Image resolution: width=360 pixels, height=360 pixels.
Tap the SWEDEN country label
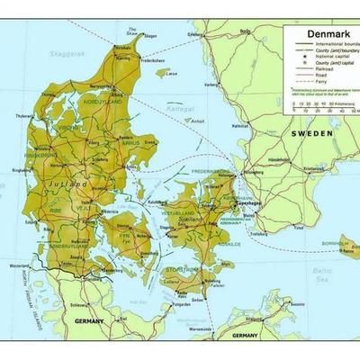[312, 132]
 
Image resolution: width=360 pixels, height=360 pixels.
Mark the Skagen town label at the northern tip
[149, 37]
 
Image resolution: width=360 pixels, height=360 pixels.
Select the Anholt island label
[198, 121]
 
